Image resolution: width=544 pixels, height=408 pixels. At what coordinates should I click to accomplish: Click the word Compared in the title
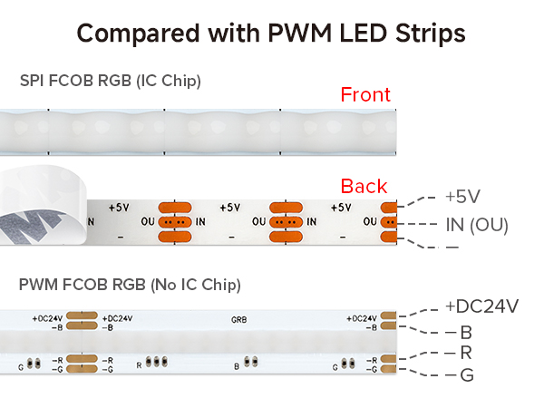(138, 34)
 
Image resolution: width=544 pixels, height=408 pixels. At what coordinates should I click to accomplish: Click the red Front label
(365, 94)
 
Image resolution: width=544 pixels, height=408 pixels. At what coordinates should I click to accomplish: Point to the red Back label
(364, 186)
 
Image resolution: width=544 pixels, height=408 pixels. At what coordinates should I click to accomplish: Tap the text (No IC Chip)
(196, 285)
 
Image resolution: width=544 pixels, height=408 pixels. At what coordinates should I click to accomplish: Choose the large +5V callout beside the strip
(462, 197)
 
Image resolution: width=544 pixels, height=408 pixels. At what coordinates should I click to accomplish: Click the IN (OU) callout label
(477, 225)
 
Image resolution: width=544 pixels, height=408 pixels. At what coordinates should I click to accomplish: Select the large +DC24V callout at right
(482, 306)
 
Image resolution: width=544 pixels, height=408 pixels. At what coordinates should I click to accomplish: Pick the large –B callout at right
(459, 333)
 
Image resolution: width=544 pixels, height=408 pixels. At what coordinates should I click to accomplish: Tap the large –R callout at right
(459, 353)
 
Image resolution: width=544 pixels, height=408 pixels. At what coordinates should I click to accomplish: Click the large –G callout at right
(460, 375)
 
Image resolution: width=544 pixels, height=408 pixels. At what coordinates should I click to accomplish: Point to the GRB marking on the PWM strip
(239, 319)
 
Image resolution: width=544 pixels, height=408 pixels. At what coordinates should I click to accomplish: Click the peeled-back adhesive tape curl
(41, 205)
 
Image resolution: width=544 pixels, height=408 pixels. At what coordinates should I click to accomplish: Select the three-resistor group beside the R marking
(157, 362)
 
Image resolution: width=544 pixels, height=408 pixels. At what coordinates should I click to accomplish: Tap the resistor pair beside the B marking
(250, 362)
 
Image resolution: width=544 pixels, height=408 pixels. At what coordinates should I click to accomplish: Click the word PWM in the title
(299, 34)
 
